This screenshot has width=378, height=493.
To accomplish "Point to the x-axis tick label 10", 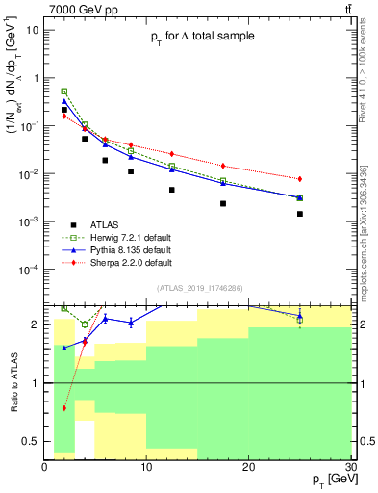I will tap(146, 467).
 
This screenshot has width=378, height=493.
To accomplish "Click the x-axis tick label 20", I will tap(248, 467).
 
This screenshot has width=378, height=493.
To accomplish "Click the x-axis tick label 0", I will tap(44, 467).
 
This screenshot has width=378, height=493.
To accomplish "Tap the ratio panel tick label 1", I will tap(36, 383).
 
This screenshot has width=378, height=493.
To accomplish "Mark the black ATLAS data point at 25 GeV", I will tap(300, 214).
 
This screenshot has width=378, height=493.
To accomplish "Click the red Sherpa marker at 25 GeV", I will tap(300, 179).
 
